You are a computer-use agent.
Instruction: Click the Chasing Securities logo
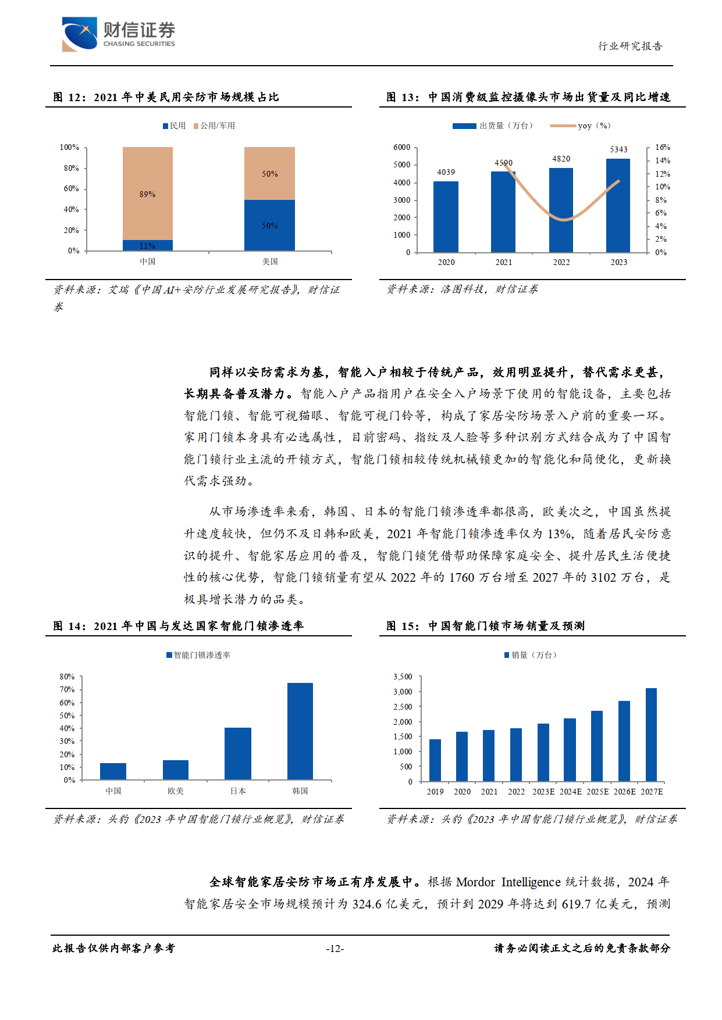point(118,34)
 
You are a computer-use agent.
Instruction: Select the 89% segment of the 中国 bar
point(147,193)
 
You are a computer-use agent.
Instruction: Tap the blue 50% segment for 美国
point(269,225)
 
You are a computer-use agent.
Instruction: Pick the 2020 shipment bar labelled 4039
point(446,216)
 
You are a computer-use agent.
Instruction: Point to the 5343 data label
point(618,149)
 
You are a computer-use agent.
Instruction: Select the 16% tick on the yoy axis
point(662,148)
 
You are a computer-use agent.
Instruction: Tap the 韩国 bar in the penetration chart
point(300,731)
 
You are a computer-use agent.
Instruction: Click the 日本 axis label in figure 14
point(238,791)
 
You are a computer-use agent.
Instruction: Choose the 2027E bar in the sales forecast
point(651,734)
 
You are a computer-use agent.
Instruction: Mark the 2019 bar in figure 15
point(435,760)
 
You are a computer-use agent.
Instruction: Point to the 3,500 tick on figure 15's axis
point(403,677)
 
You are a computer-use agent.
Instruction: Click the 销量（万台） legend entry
point(531,655)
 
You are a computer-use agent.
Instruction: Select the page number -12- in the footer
point(335,949)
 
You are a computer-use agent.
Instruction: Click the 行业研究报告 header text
point(630,46)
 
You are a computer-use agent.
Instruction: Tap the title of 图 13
point(528,97)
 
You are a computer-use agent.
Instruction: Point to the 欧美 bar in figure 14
point(175,770)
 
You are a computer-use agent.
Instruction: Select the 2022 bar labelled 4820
point(561,210)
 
